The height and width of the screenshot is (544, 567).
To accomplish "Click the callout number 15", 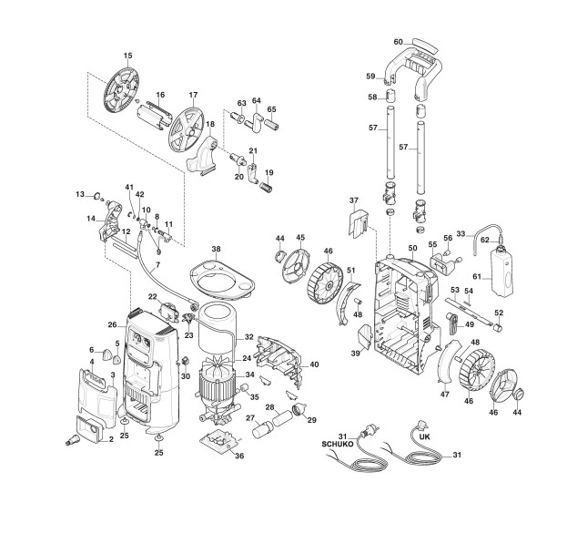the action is [128, 56].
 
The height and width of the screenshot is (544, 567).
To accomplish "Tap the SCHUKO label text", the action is [338, 444].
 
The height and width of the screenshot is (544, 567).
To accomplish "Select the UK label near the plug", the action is [424, 436].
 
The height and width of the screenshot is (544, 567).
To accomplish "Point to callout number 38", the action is [216, 249].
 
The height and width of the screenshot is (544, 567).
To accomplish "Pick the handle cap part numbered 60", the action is [426, 46].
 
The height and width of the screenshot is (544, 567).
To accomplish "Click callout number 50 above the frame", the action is [412, 248].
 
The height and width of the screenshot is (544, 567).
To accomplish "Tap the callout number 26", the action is [113, 324].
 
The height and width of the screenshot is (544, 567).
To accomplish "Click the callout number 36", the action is [239, 456].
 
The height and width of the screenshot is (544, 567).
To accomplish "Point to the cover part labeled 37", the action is [359, 223].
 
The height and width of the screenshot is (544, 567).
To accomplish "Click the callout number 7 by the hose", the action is [157, 265].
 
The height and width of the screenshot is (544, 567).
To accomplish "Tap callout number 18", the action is [210, 124].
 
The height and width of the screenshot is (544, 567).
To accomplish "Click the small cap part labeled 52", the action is [499, 328].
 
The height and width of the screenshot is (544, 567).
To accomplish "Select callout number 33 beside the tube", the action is [461, 234].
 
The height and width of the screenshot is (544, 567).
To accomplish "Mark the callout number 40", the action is [314, 364].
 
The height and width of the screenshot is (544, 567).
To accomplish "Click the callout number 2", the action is [111, 440].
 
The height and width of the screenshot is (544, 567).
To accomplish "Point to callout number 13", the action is [80, 195].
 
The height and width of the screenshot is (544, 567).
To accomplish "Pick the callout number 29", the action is [311, 420].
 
